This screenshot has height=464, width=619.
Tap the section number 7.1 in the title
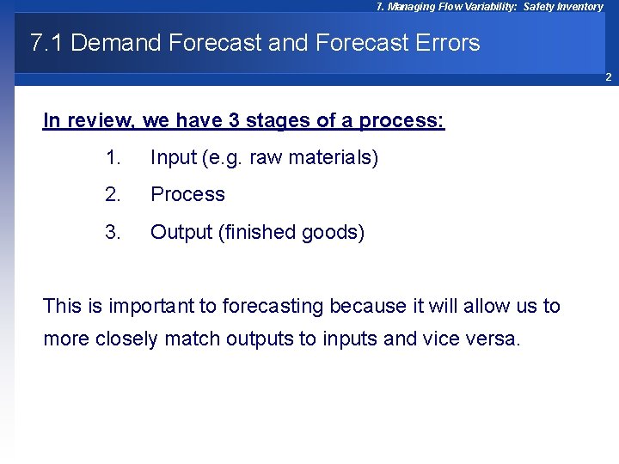[x=46, y=43]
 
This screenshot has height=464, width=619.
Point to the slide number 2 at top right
[x=607, y=78]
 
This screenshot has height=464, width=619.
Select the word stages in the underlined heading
[x=277, y=120]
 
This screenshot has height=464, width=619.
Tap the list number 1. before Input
[x=113, y=158]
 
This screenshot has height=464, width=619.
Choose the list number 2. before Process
[x=113, y=195]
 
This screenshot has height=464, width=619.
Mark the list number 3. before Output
[x=113, y=233]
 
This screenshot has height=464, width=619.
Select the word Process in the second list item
[x=187, y=195]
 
